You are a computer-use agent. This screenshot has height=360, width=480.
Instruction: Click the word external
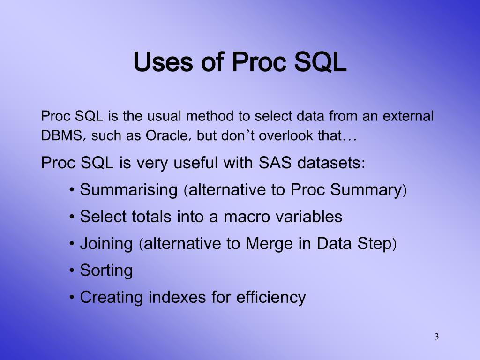coord(408,116)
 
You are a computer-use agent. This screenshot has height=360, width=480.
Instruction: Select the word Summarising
coord(128,190)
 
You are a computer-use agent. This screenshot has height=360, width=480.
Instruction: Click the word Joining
coord(106,244)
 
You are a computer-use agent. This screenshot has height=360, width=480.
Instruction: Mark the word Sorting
coord(106,271)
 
